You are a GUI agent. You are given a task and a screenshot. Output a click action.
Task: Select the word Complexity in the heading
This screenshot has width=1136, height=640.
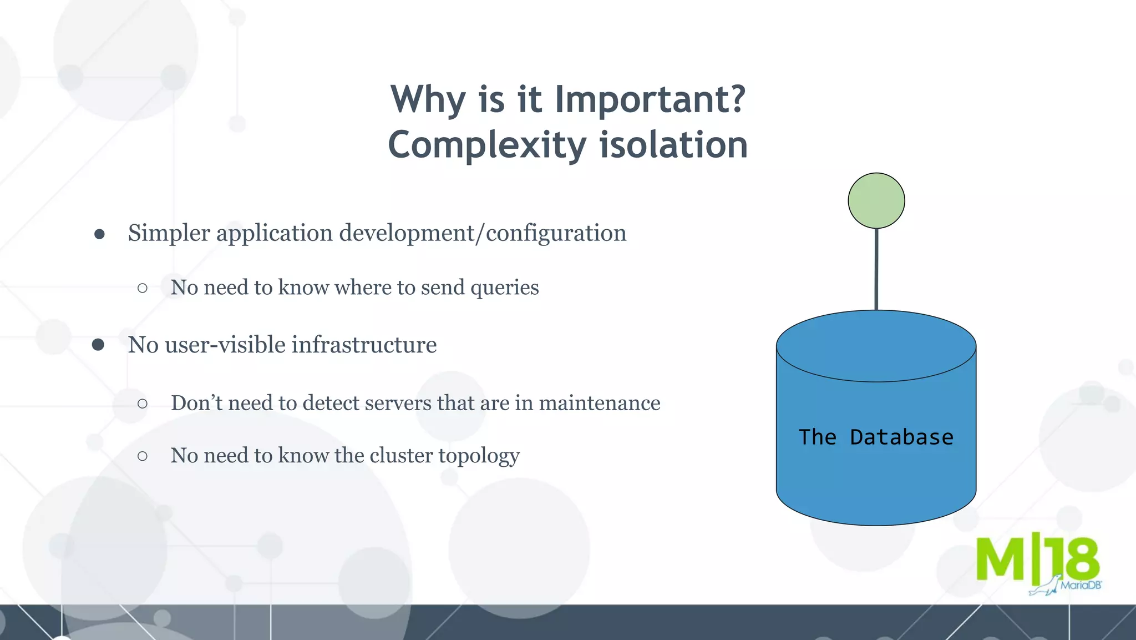click(487, 145)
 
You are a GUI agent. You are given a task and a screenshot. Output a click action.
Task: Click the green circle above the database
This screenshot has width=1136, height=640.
click(876, 200)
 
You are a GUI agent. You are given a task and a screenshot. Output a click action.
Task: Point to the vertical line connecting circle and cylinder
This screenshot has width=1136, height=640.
click(876, 269)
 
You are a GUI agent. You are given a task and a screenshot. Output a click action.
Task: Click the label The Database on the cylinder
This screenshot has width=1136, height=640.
click(876, 437)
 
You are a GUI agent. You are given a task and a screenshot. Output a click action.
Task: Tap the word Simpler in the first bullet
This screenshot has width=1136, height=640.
click(169, 233)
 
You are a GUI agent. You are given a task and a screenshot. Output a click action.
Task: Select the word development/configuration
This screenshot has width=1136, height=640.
click(483, 233)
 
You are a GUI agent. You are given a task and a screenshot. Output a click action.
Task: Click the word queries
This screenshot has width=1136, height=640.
click(504, 288)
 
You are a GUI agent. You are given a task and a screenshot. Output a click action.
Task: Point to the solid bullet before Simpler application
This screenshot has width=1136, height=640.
click(99, 234)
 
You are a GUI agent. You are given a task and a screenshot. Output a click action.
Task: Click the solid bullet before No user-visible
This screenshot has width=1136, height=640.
click(98, 345)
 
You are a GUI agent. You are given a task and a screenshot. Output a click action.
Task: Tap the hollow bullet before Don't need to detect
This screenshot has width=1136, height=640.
click(143, 404)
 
